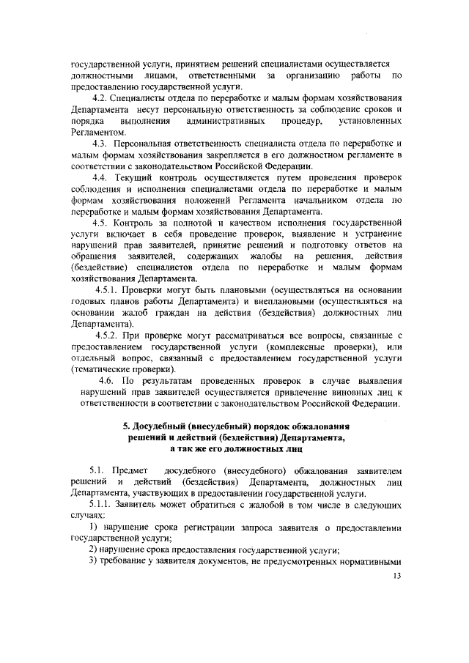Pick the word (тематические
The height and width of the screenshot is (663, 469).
tap(102, 368)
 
